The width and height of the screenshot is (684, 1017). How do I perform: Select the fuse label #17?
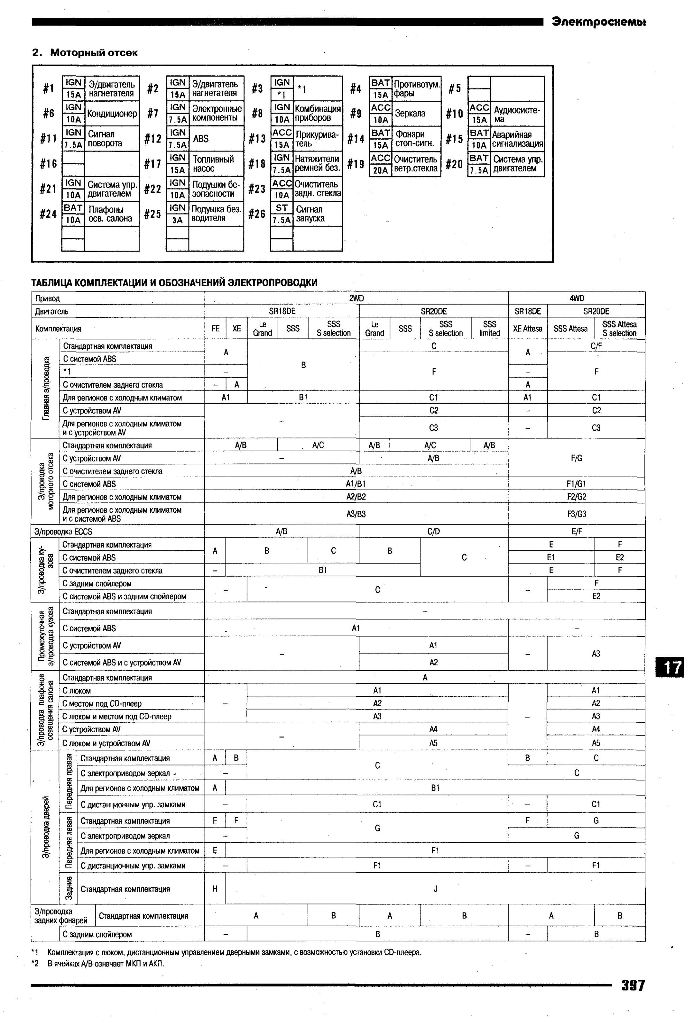pyautogui.click(x=153, y=164)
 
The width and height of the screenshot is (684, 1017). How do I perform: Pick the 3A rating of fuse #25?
pyautogui.click(x=177, y=220)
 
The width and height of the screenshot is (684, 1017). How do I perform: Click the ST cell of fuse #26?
pyautogui.click(x=281, y=208)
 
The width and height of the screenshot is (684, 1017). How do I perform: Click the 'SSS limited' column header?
pyautogui.click(x=489, y=329)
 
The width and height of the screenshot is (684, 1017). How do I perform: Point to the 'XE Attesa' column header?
pyautogui.click(x=527, y=329)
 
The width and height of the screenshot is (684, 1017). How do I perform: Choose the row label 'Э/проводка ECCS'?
pyautogui.click(x=63, y=532)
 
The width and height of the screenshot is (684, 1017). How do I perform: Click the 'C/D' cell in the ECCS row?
pyautogui.click(x=433, y=532)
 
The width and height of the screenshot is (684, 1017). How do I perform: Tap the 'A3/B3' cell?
pyautogui.click(x=356, y=514)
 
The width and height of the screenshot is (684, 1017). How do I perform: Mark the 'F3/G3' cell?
pyautogui.click(x=576, y=514)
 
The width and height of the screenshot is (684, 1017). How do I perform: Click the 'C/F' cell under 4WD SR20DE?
pyautogui.click(x=596, y=346)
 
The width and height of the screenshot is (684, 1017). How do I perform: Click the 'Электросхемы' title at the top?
pyautogui.click(x=598, y=22)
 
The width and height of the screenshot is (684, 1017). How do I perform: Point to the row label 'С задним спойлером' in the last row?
pyautogui.click(x=97, y=934)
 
